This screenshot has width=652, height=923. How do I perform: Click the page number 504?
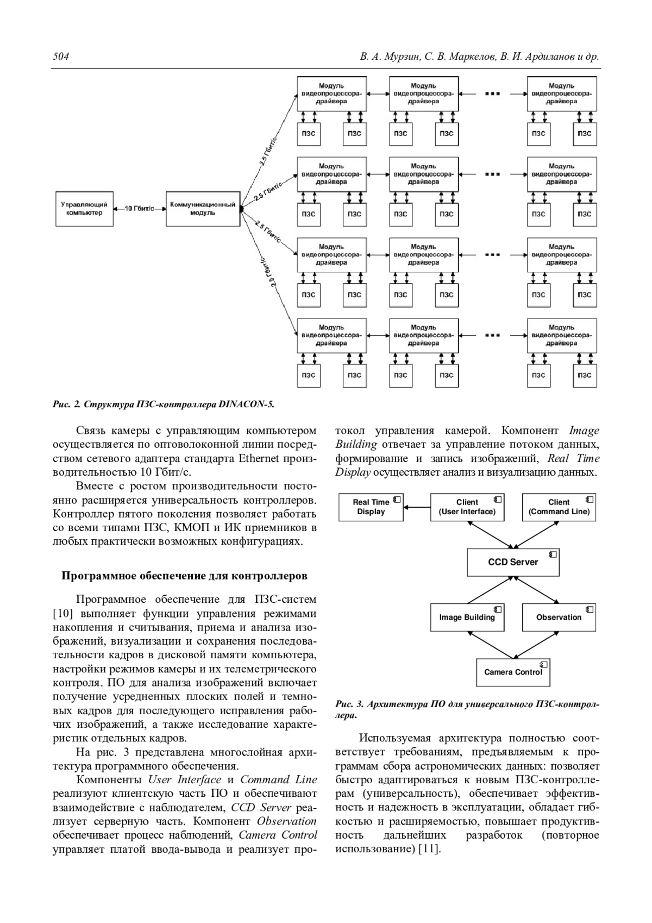(x=61, y=57)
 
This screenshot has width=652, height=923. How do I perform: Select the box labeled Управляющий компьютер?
(x=84, y=209)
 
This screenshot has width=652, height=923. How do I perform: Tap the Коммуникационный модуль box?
(x=203, y=209)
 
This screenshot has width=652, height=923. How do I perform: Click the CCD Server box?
(x=512, y=562)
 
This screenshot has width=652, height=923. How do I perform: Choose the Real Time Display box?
(x=371, y=507)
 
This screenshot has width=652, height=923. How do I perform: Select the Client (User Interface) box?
(x=467, y=507)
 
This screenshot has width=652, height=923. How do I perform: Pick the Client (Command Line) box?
(x=559, y=507)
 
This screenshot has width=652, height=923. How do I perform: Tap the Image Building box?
(x=467, y=617)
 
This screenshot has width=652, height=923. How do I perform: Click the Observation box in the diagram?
(x=559, y=617)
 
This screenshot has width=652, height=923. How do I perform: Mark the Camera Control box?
(x=512, y=672)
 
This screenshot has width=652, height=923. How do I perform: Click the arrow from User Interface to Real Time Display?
(x=417, y=507)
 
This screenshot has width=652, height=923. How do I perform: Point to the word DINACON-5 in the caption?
(x=247, y=404)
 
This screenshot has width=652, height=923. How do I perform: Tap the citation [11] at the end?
(x=428, y=849)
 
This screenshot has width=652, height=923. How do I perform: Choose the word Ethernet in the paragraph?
(x=259, y=458)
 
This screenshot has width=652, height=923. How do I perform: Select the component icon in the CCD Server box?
(x=553, y=554)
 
